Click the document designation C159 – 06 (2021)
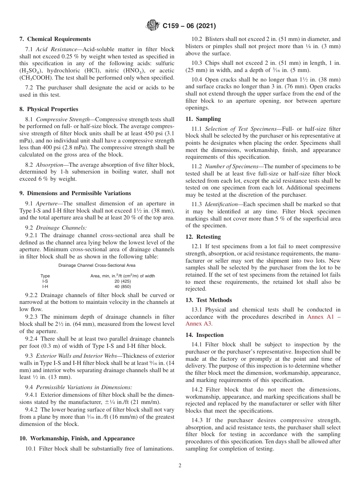[189, 26]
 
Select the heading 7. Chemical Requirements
[55, 39]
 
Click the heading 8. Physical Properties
[49, 110]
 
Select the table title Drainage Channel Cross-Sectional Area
[97, 266]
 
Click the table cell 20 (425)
[122, 281]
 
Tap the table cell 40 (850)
[122, 286]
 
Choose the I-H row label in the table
[45, 286]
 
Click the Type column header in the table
[45, 276]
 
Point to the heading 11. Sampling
[203, 119]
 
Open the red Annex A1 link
[320, 316]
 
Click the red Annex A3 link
[198, 324]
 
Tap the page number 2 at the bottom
[180, 466]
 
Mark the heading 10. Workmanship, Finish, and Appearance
[77, 438]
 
